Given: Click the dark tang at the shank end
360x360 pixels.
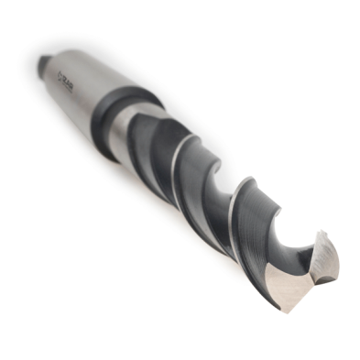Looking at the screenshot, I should coord(41,63).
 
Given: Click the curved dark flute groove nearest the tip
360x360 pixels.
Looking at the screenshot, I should coord(275,229).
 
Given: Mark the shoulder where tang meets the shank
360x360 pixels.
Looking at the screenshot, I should coord(48,66).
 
